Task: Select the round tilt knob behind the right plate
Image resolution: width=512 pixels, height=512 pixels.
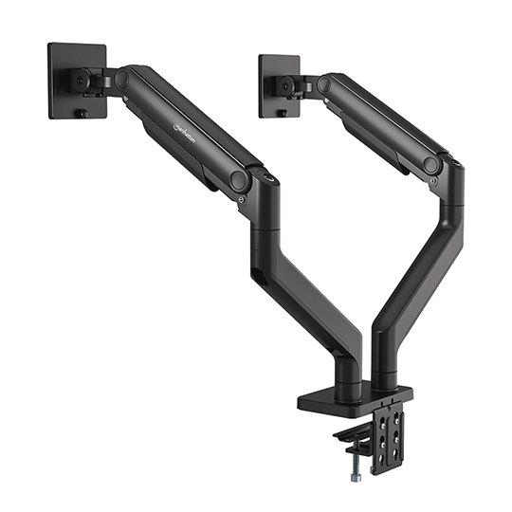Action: click(284, 86)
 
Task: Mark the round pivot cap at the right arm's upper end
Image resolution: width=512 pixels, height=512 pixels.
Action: click(324, 84)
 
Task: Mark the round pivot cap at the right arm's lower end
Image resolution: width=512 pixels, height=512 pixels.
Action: click(432, 165)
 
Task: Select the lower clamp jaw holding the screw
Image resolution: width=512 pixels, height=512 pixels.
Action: click(356, 435)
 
